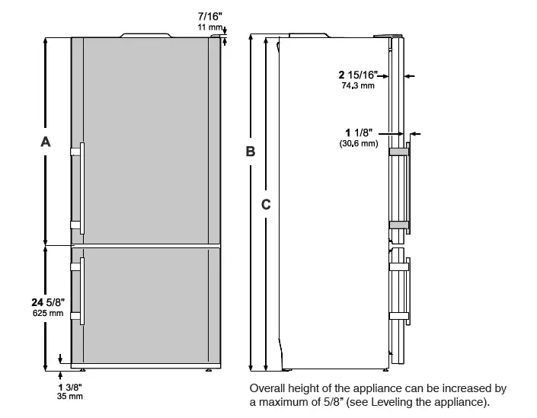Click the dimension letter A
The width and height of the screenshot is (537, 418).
[46, 141]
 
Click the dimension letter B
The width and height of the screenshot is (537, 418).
[250, 152]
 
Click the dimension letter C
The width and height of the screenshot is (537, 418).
[266, 204]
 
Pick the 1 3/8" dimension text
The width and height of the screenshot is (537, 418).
[70, 387]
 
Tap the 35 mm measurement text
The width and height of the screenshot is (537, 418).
[70, 397]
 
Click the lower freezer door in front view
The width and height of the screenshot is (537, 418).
[145, 305]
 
